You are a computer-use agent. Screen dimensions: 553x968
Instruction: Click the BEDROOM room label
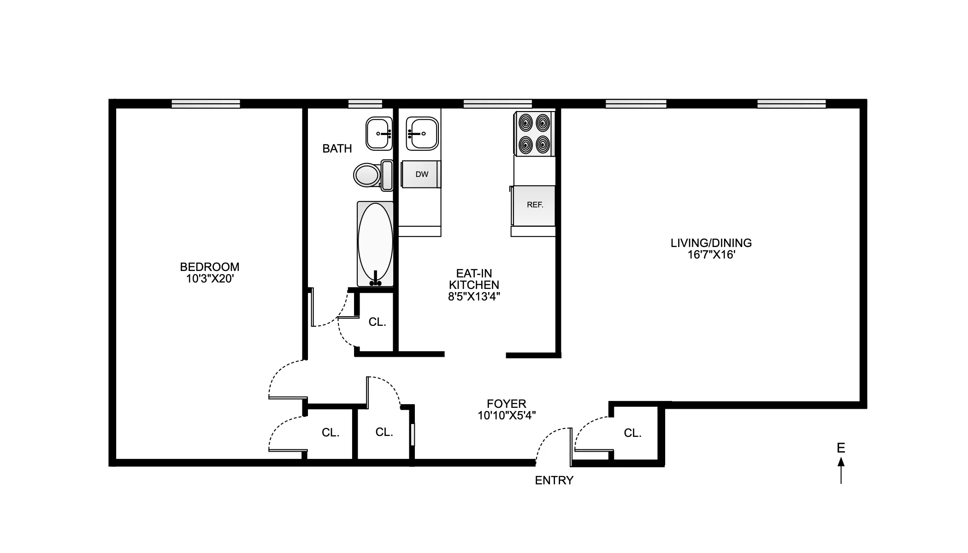point(209,267)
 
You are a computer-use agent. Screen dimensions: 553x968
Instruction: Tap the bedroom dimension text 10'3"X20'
point(210,279)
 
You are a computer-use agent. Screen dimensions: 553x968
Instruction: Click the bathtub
point(375,243)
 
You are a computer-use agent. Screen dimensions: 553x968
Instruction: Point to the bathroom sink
point(378,134)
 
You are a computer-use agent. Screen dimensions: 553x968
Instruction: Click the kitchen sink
point(421,134)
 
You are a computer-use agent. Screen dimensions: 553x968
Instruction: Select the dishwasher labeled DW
point(421,174)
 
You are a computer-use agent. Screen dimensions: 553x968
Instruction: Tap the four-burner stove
point(534,134)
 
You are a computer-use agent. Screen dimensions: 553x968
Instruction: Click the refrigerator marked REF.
point(534,205)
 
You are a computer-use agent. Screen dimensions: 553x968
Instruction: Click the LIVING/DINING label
point(711,243)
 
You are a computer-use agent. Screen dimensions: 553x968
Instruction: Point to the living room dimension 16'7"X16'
point(711,255)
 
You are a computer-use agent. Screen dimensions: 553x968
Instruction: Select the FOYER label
point(506,404)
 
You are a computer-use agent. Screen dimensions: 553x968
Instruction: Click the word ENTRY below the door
point(554,480)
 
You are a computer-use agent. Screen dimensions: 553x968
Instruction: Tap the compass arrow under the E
point(841,470)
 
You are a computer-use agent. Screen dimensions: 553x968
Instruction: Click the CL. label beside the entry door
point(632,433)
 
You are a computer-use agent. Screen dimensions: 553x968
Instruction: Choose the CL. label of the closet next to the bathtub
point(377,322)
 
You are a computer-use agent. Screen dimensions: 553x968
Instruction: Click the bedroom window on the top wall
point(206,104)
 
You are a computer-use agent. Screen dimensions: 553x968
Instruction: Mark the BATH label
point(337,148)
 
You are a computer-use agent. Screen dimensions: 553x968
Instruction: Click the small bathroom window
point(365,104)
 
